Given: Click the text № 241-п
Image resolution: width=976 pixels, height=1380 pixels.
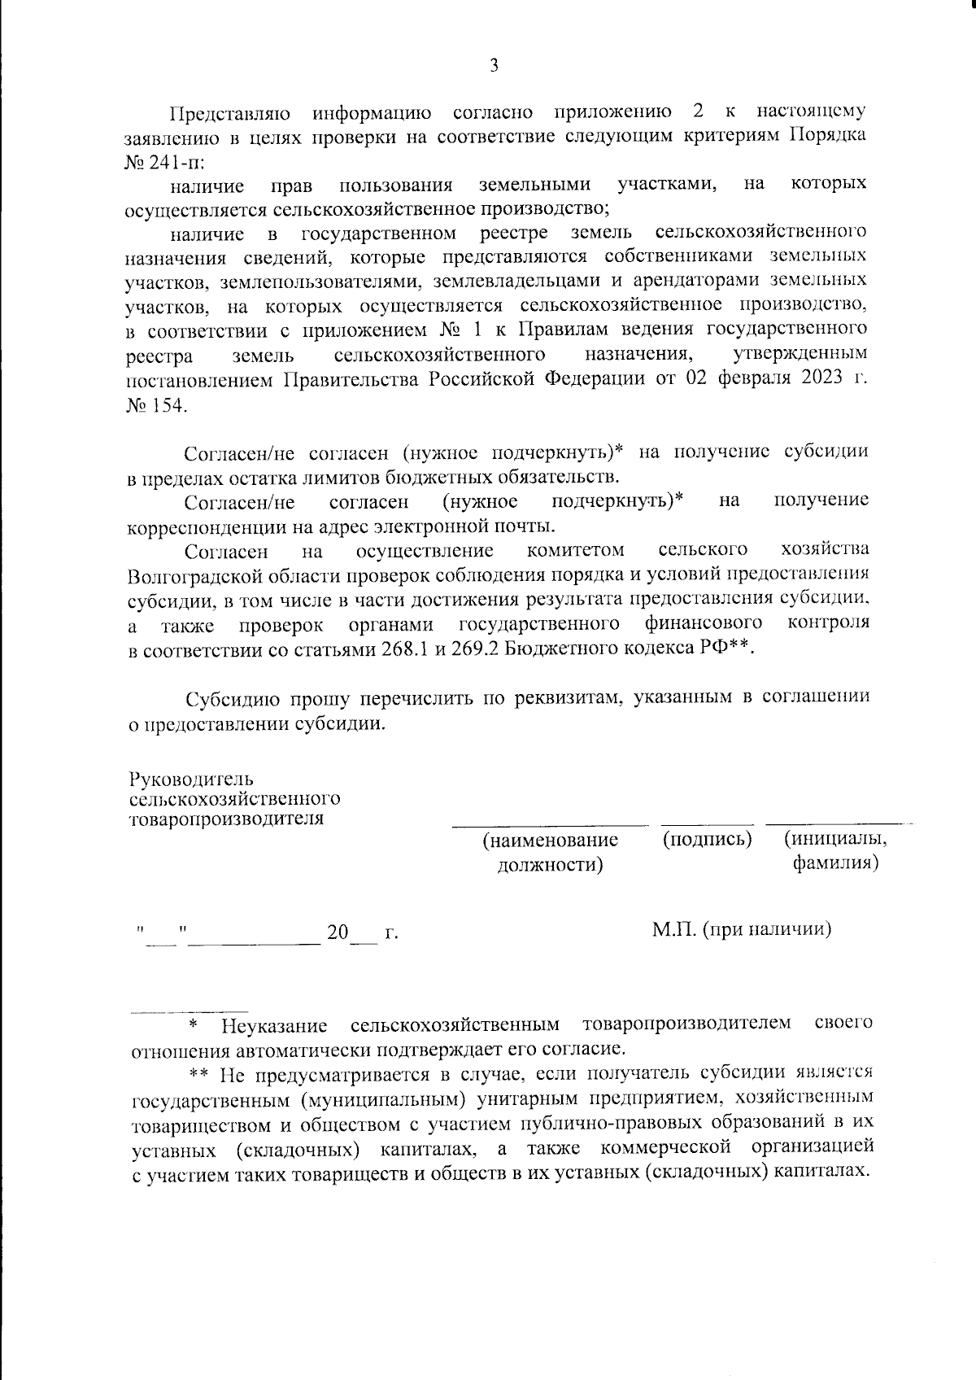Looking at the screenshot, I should [155, 160].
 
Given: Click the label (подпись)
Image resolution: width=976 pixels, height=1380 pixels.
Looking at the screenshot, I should [707, 838].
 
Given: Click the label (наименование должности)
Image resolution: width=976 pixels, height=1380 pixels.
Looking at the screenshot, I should [550, 851].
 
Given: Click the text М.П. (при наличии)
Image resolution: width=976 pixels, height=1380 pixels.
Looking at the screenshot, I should [741, 929].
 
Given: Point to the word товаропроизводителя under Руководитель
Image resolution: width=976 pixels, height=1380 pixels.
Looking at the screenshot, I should [226, 819].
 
